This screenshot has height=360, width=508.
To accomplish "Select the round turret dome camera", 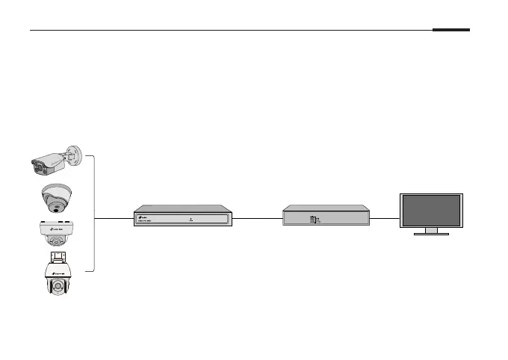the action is (56, 198).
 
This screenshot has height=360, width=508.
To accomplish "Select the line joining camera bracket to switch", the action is (114, 217).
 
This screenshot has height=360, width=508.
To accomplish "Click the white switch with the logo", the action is (182, 217).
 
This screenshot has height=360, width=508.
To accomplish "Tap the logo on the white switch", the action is (142, 218).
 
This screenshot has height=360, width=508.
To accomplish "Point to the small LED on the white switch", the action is (192, 217).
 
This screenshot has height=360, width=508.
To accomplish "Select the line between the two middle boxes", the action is (256, 218).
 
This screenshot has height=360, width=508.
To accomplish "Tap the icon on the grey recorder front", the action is (312, 220).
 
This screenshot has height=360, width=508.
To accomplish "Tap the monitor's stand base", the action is (431, 234).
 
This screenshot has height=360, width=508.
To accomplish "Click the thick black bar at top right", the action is (450, 31).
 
